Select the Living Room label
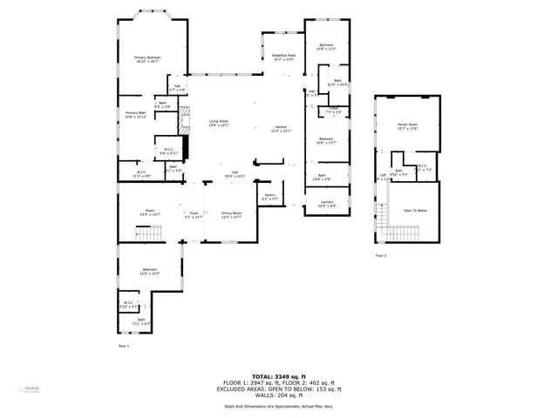click(218, 123)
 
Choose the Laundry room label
click(327, 204)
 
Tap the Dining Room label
click(230, 213)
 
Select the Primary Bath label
click(136, 114)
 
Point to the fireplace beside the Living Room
click(184, 121)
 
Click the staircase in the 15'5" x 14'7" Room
click(149, 233)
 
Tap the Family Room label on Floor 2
click(407, 126)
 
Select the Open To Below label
click(415, 211)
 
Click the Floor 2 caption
click(381, 256)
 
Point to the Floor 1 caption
click(123, 346)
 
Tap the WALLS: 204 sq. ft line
click(279, 396)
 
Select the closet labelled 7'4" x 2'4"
click(333, 111)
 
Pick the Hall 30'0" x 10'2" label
click(235, 174)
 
